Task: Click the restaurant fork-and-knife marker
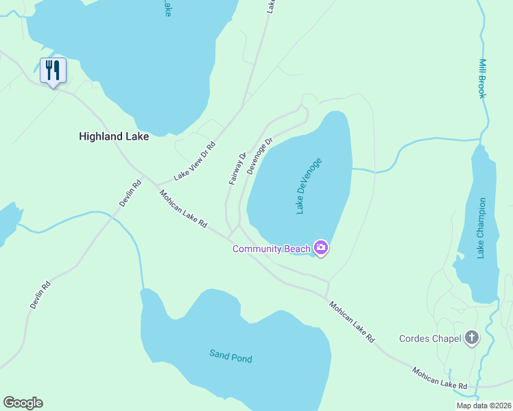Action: pos(53,70)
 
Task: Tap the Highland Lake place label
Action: pos(114,136)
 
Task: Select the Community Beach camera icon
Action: pos(320,247)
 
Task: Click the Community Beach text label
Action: pos(272,249)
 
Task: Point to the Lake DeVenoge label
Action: pos(309,186)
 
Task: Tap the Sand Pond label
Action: pos(231,357)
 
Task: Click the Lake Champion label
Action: pos(481,228)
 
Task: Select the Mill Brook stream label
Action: pos(482,78)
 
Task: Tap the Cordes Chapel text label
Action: pos(430,338)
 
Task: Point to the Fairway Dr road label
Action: pos(237,169)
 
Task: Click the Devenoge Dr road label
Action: pos(260,155)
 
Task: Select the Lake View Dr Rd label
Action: pos(195,161)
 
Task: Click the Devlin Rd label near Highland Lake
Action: pos(130,193)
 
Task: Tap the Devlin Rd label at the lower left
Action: pos(40,295)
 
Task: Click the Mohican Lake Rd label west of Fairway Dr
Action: pos(183,209)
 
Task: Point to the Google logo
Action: pos(23,403)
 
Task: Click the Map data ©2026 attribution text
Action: pos(484,406)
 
